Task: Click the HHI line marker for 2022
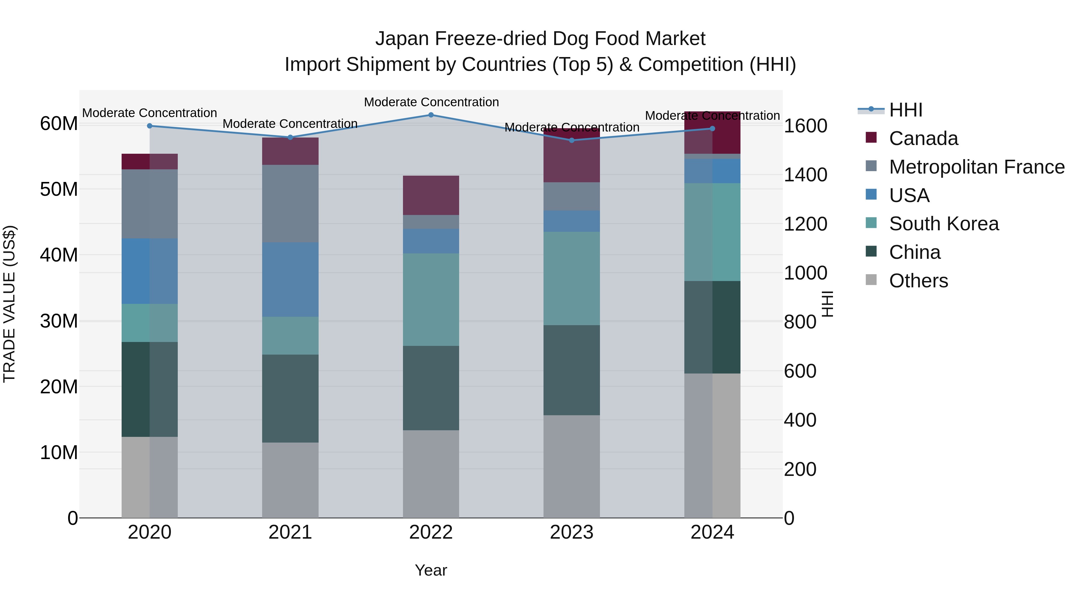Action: point(431,115)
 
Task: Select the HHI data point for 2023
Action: point(571,140)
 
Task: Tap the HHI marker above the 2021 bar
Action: point(290,137)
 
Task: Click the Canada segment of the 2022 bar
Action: point(431,195)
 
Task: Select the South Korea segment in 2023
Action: point(571,278)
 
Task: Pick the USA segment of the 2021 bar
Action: point(290,280)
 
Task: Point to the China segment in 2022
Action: point(431,388)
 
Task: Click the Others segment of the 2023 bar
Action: point(571,467)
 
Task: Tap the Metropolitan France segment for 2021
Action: point(290,204)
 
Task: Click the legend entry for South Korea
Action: point(944,224)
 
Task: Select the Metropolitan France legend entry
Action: point(977,167)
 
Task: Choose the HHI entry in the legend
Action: point(906,110)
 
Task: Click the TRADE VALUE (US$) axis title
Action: point(9,304)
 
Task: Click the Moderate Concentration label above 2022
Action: point(431,102)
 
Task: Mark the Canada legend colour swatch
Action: point(871,138)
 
